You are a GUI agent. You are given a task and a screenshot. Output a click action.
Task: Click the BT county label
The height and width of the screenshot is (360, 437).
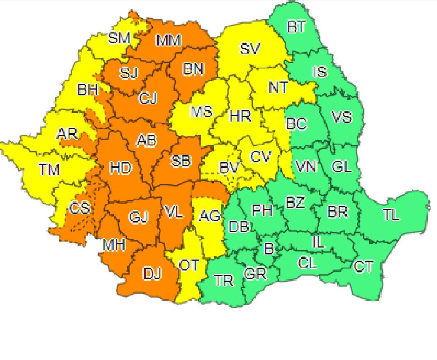(x=296, y=27)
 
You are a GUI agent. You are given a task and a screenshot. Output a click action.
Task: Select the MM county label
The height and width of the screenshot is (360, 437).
(x=169, y=41)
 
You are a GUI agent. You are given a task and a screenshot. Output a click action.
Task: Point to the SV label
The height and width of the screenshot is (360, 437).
(x=250, y=49)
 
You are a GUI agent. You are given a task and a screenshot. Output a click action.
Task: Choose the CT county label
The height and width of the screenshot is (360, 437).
(x=363, y=266)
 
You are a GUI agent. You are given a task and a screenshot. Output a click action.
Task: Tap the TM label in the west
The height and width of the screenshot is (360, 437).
(x=49, y=169)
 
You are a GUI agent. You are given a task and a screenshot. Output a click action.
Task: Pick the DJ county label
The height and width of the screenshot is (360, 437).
(x=152, y=274)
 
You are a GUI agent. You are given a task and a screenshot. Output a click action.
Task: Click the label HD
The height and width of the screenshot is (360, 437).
(x=121, y=168)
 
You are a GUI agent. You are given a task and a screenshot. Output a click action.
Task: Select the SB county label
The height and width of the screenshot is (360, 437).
(x=181, y=161)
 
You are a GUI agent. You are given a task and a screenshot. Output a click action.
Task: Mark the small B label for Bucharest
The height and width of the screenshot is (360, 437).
(x=268, y=249)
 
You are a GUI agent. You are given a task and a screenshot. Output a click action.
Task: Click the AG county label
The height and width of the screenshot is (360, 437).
(x=210, y=216)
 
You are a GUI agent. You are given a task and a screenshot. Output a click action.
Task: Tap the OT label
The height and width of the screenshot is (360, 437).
(x=189, y=265)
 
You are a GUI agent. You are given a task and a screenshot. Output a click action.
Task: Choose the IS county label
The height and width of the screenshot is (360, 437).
(x=320, y=72)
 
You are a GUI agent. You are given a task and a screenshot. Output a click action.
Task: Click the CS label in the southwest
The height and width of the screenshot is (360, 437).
(x=79, y=208)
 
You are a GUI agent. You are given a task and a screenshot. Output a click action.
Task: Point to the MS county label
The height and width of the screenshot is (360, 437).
(x=201, y=111)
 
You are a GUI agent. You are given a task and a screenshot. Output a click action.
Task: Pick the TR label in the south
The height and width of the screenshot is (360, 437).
(x=224, y=281)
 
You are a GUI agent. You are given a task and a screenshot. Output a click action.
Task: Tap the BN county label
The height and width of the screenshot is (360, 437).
(x=193, y=69)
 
